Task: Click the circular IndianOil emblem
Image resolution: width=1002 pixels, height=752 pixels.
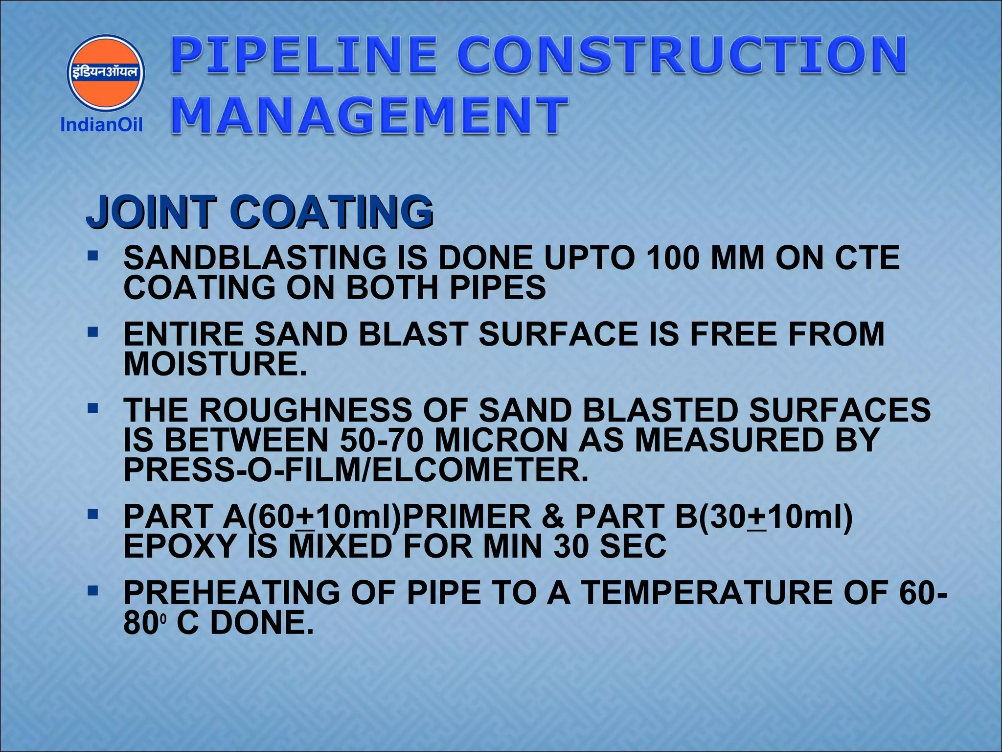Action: click(x=106, y=72)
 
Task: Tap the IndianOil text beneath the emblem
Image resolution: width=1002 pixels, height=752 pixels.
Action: click(x=101, y=125)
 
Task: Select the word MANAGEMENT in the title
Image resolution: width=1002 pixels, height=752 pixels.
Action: click(x=370, y=116)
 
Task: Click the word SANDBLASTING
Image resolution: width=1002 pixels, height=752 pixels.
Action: click(x=254, y=258)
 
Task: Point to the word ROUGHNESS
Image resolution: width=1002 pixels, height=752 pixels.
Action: click(x=305, y=410)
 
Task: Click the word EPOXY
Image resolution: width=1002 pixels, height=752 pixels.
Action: click(x=180, y=546)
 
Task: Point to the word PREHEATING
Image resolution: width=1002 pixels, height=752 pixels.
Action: click(x=231, y=592)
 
